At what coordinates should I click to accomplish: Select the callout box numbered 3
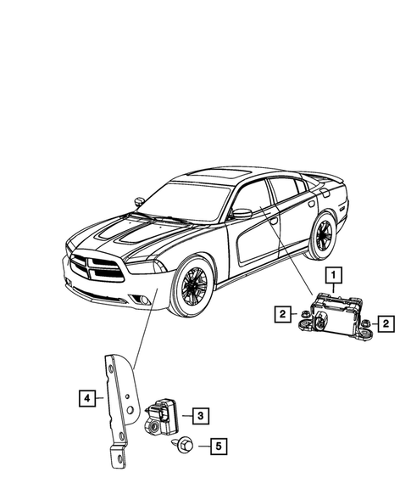coord(199,415)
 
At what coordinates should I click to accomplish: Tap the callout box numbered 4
coord(86,396)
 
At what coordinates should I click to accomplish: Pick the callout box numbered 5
coord(217,445)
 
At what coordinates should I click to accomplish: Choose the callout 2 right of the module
coord(385,323)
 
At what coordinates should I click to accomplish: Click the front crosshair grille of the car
coord(95,269)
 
